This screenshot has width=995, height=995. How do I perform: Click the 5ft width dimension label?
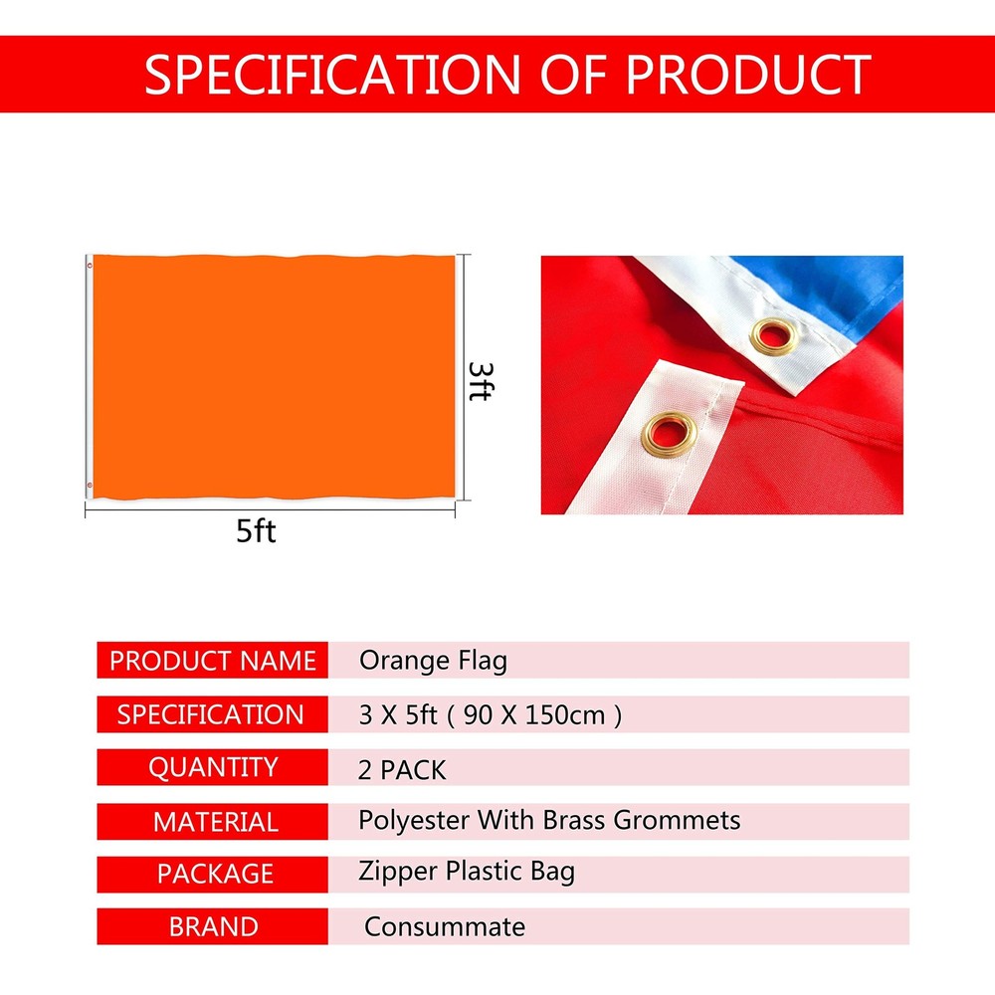tap(256, 531)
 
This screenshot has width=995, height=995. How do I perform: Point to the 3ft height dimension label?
tap(479, 380)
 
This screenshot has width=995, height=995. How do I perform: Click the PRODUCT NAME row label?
tap(212, 661)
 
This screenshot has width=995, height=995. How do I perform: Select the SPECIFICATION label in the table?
tap(211, 714)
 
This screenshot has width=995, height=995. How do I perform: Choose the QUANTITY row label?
tap(213, 768)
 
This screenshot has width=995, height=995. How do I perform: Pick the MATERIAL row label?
tap(215, 822)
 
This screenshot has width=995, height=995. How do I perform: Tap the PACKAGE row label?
tap(215, 874)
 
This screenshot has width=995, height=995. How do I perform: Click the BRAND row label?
tap(214, 927)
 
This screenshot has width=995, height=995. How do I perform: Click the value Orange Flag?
tap(433, 661)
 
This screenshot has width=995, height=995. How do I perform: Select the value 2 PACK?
tap(402, 769)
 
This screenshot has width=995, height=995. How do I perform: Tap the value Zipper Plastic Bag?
tap(467, 873)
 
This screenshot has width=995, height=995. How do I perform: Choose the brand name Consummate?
tap(444, 927)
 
